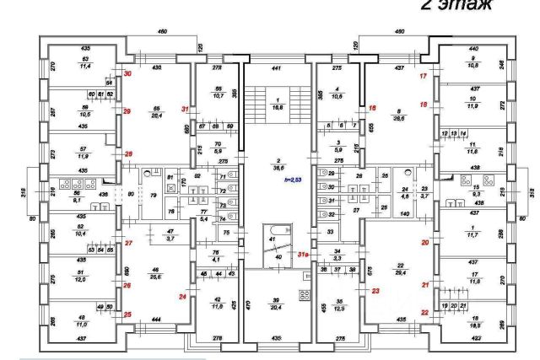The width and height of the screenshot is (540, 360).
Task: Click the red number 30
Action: coord(128,75)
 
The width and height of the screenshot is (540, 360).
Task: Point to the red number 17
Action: coord(424,77)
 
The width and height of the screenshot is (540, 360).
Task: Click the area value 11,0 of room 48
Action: coord(83,323)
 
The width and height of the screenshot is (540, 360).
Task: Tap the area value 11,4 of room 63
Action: coord(85,65)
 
